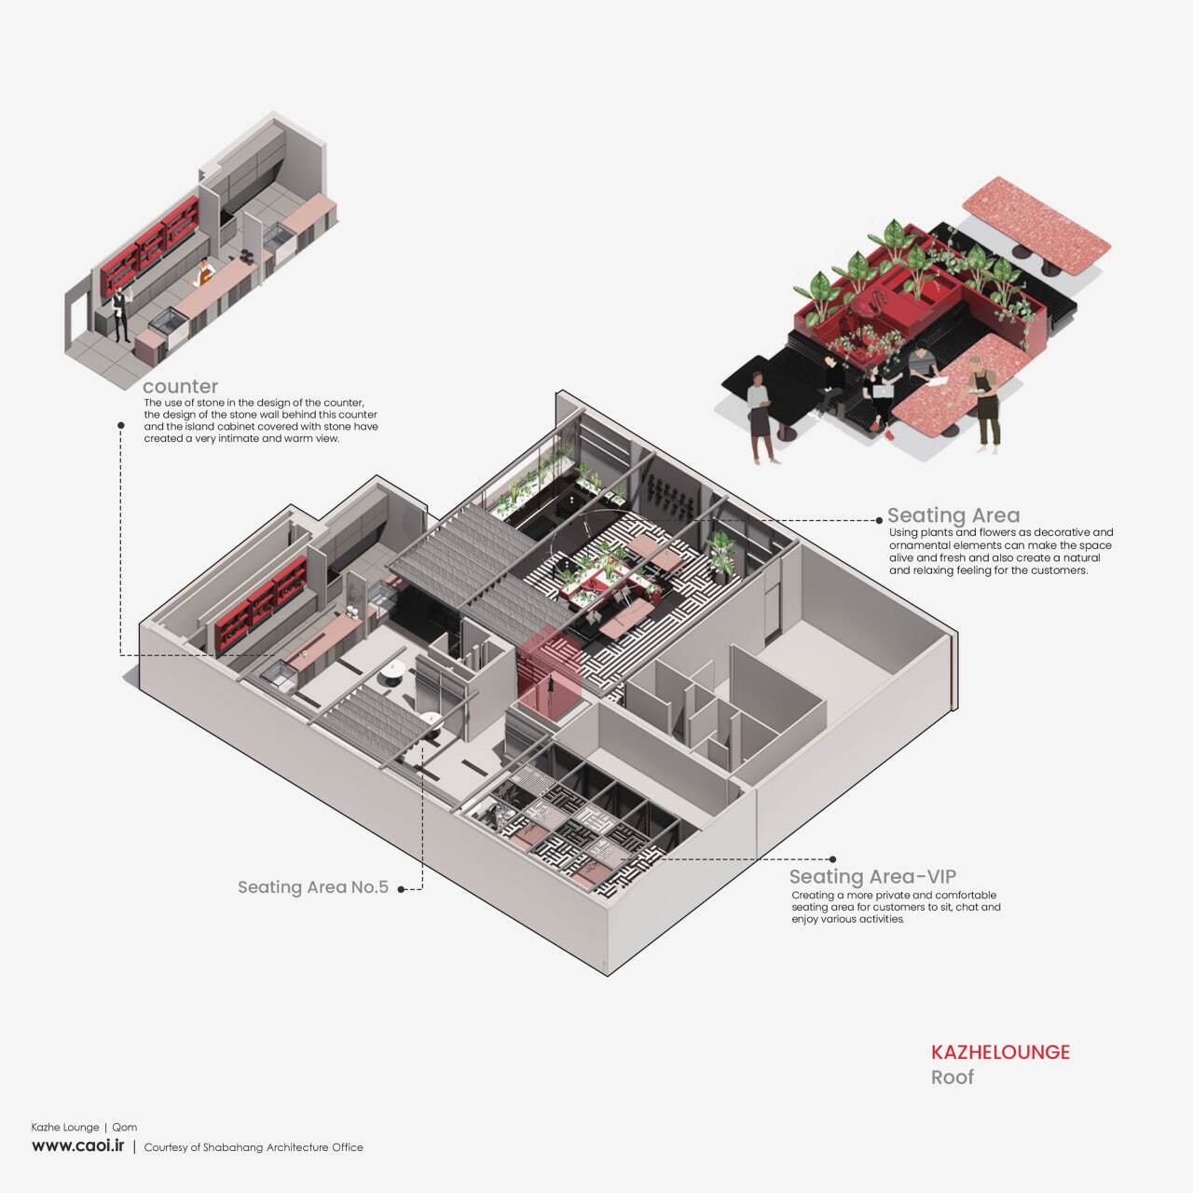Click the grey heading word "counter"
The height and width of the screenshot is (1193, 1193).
coord(180,386)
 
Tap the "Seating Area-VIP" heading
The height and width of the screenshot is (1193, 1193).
coord(872,876)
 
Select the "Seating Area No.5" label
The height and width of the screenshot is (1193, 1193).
coord(312,887)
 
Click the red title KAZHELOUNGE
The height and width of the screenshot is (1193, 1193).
coord(1000,1052)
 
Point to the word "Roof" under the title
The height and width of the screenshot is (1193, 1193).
coord(952,1077)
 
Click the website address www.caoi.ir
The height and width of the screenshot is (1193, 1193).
coord(77,1145)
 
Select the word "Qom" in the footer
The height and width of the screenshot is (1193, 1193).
coord(124,1127)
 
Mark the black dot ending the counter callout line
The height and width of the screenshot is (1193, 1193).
coord(121,425)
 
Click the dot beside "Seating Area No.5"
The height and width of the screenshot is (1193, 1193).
coord(402,889)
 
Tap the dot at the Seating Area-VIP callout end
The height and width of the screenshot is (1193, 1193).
coord(832,859)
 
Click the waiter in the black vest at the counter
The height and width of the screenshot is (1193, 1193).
coord(120,312)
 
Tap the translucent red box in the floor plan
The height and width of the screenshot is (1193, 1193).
coord(550,673)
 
